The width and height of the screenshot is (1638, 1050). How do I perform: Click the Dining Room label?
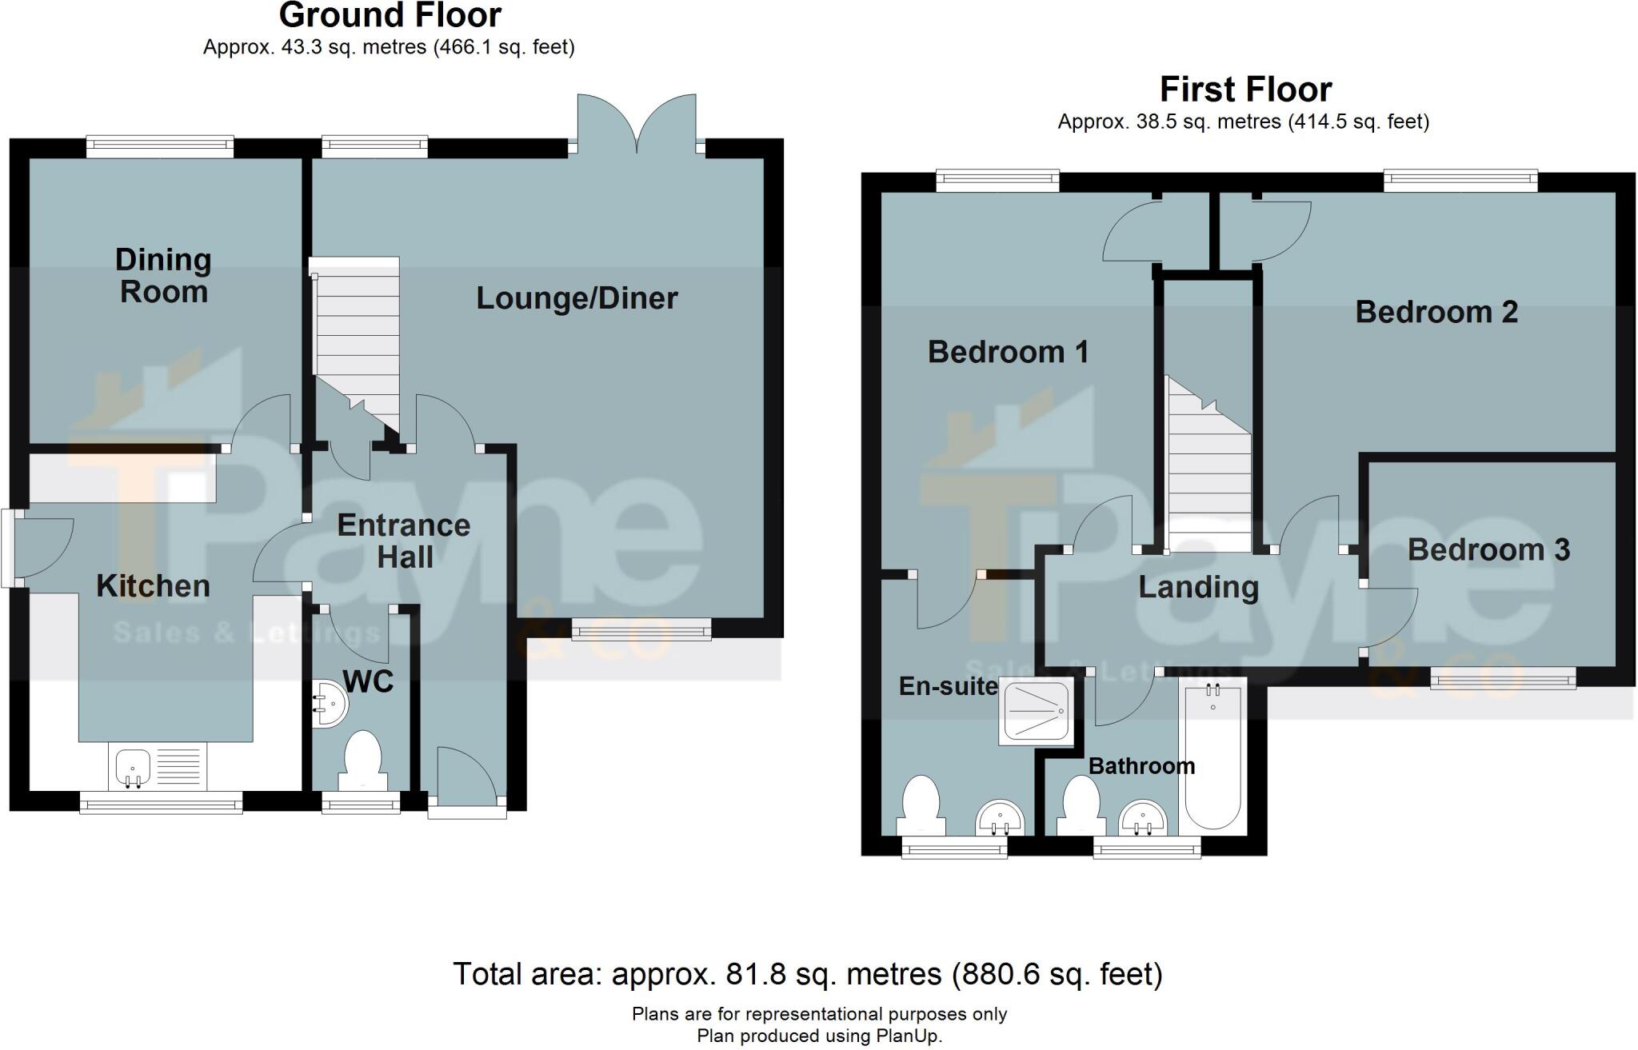click(163, 276)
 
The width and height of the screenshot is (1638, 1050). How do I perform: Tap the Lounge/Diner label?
click(577, 298)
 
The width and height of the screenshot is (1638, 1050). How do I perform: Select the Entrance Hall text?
click(404, 541)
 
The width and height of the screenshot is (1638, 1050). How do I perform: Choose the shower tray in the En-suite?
click(1036, 713)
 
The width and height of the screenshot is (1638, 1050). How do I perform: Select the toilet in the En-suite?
click(920, 805)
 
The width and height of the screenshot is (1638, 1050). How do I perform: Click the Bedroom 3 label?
click(1488, 549)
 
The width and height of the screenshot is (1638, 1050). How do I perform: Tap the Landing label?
click(1198, 588)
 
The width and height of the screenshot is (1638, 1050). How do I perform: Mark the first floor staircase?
click(1208, 464)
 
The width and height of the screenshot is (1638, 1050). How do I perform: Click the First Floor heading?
click(1245, 90)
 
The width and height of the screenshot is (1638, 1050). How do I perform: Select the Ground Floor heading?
click(390, 15)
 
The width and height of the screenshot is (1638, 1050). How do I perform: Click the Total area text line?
click(808, 974)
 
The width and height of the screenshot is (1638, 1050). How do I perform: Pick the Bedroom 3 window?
click(1503, 679)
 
